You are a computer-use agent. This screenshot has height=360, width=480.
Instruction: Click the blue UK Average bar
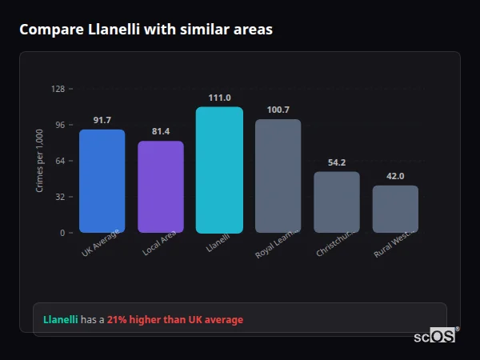coord(102,181)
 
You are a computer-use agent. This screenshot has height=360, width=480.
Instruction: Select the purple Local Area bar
coord(161,187)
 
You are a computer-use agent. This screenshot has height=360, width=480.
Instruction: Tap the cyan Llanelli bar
coord(219,170)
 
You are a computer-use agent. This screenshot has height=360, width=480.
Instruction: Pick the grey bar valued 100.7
coord(278,176)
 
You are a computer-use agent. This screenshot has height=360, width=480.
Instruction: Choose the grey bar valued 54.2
coord(337,202)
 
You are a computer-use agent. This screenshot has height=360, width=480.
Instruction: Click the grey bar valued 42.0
coord(395,209)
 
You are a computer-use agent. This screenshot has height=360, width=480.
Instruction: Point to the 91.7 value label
coord(102,120)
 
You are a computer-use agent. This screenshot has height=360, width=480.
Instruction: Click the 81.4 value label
coord(161,131)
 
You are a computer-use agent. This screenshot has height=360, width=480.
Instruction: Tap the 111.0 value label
coord(219,98)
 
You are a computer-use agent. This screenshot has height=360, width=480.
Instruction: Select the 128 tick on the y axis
coord(58,89)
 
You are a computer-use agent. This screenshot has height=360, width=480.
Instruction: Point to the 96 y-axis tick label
coord(59,125)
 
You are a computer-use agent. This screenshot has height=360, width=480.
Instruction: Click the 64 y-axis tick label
coord(59,161)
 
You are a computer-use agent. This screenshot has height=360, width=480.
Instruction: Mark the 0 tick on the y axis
coord(62,233)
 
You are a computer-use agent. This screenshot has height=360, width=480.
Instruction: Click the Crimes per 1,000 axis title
coord(39,161)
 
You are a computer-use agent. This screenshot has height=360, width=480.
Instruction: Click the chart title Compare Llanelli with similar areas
coord(146,30)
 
